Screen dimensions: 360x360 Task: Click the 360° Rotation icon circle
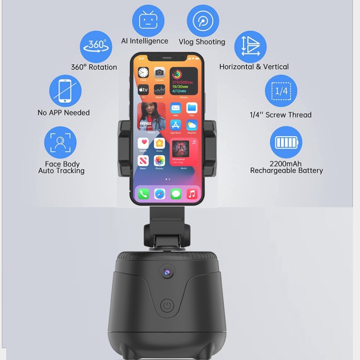coord(96,46)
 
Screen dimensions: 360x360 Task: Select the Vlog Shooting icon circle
coord(203,21)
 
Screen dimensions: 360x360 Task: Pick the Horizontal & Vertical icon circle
coord(250,47)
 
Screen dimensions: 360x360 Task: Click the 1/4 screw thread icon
coord(281,91)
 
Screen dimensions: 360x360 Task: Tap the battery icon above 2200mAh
coord(286,142)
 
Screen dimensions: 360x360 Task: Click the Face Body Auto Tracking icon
coord(60,142)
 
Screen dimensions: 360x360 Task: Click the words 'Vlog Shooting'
coord(202,42)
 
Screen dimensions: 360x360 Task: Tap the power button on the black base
coord(167,306)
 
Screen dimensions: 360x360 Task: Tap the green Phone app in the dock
coord(144,193)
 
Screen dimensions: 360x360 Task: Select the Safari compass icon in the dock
coord(160,193)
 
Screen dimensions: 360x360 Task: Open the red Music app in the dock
coord(192,193)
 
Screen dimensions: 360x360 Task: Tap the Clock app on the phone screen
coord(143,73)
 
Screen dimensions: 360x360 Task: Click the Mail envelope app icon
coord(176,108)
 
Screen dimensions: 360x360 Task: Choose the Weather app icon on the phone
coord(192,125)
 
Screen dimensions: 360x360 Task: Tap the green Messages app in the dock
coord(176,193)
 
